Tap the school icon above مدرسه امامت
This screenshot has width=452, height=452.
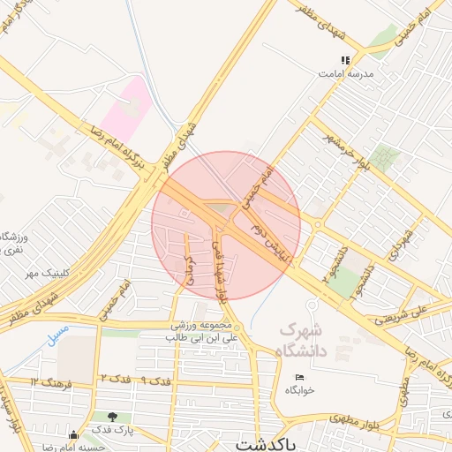[345, 60]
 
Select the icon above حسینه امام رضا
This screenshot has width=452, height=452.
[73, 434]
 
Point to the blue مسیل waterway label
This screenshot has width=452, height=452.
[58, 336]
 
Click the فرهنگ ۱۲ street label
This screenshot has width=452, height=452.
[48, 380]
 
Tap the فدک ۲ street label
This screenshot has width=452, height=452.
[116, 378]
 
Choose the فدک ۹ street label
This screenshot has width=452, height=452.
[155, 380]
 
